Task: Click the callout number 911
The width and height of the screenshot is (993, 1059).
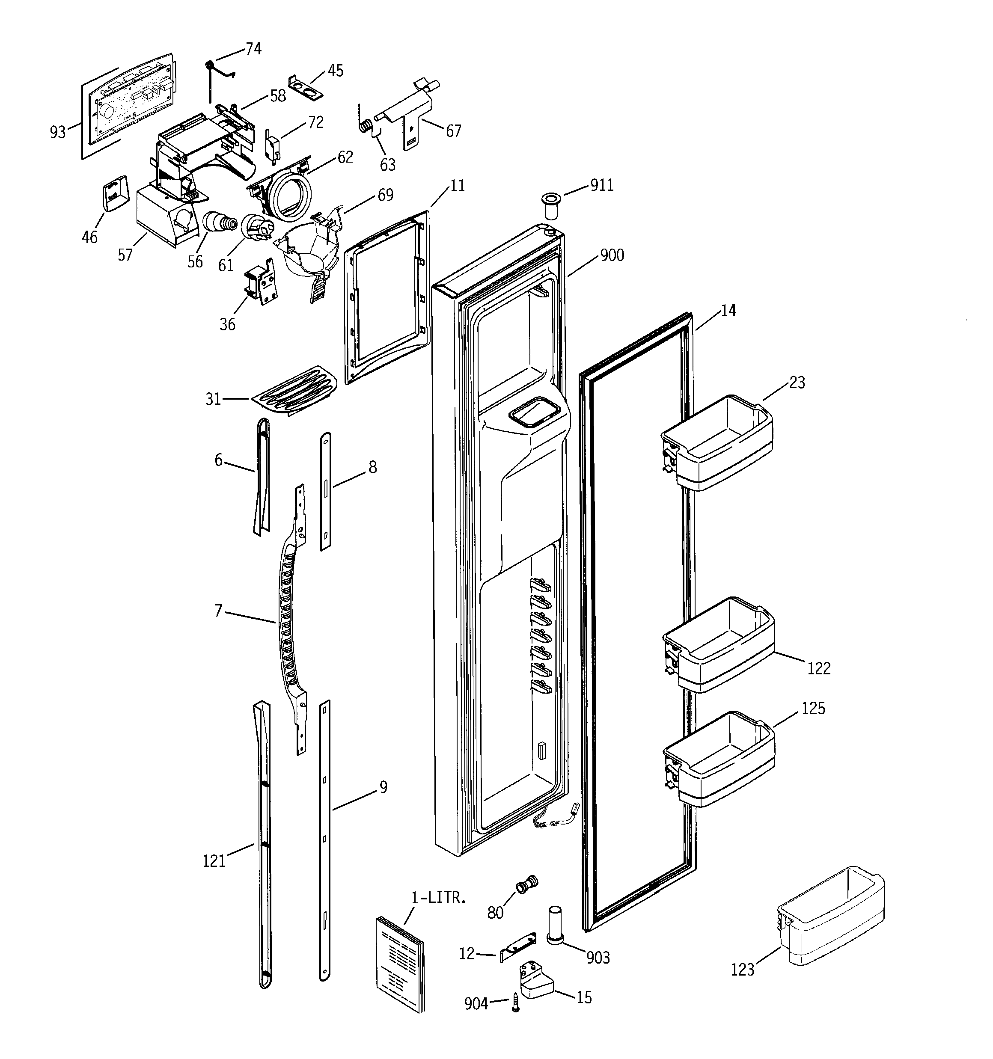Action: tap(602, 185)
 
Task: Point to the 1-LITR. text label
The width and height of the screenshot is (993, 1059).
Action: tap(439, 898)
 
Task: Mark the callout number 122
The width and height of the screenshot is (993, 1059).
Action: tap(819, 668)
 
